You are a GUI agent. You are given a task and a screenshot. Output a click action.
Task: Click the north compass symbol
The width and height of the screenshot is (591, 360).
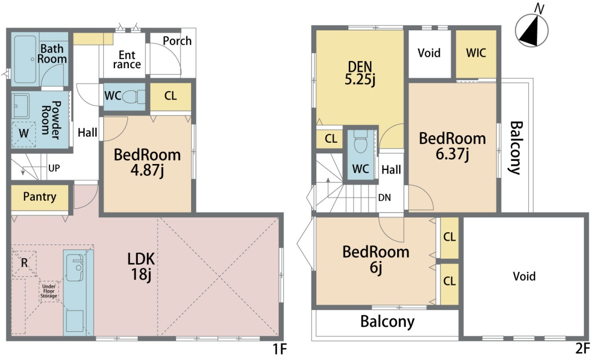tap(531, 30)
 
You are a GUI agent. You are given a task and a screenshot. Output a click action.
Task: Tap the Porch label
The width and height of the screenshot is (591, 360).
tap(177, 40)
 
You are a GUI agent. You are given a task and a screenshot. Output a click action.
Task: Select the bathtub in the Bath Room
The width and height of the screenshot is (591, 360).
tap(25, 59)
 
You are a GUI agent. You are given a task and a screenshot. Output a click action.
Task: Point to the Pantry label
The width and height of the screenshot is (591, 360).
tap(39, 197)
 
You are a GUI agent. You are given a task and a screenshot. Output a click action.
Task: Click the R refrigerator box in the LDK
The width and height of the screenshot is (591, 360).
tap(24, 263)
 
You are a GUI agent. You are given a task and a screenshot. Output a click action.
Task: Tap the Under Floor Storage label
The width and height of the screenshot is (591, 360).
tap(49, 291)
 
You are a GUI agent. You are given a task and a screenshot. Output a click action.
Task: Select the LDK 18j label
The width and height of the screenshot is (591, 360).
tap(141, 266)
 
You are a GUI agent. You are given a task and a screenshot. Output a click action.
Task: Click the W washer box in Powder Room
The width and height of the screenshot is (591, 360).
tap(23, 134)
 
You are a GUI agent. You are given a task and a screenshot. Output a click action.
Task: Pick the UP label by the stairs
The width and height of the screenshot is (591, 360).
tap(54, 168)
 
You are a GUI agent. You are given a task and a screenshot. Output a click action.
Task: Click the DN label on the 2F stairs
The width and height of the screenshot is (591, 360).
tap(384, 198)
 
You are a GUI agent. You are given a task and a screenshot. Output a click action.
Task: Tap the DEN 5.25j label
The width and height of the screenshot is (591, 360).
tap(360, 73)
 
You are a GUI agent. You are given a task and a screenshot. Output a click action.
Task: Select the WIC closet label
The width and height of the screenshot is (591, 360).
tap(476, 53)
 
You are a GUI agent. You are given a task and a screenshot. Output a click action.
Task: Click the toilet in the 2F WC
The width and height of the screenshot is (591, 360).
tap(360, 142)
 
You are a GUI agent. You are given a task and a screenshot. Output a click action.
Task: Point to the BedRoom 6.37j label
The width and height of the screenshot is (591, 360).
tap(452, 146)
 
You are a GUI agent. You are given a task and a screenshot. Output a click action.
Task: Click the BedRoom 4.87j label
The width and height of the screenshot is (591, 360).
tap(147, 162)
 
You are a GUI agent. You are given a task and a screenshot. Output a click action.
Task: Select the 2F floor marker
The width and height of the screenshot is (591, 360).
tap(582, 348)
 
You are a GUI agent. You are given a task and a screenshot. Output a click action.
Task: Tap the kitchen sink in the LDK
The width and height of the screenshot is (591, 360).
tap(75, 268)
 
